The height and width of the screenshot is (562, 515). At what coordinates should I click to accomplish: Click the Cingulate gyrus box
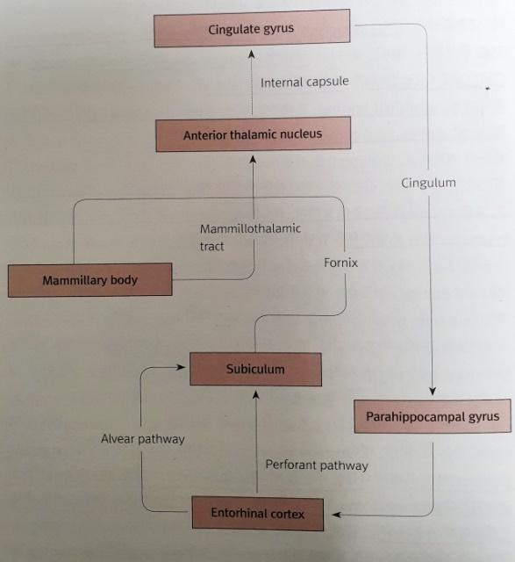(252, 28)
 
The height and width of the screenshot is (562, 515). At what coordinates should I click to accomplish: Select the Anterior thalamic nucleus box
(254, 134)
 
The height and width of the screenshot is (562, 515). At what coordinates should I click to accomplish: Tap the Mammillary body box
(89, 280)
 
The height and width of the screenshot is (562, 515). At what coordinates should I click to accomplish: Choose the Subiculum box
(255, 369)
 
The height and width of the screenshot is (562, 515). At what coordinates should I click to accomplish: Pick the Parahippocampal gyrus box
(433, 416)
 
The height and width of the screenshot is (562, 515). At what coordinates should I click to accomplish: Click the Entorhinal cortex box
(258, 513)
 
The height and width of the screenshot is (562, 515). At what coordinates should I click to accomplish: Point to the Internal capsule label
(304, 82)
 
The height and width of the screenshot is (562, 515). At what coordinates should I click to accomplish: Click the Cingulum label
(428, 183)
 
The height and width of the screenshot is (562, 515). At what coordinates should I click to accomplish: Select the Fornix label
(340, 263)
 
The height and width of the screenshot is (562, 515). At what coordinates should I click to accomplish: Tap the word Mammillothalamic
(250, 228)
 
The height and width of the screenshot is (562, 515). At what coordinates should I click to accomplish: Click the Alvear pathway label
(142, 439)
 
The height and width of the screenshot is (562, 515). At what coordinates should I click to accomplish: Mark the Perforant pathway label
(317, 465)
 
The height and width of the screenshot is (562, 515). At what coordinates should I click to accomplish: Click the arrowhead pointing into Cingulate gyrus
(252, 54)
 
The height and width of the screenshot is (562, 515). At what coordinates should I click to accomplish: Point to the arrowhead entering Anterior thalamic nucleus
(253, 159)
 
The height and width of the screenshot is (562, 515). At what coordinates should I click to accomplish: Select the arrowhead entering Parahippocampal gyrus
(433, 391)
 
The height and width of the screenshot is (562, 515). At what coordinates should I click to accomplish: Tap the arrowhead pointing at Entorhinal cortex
(336, 515)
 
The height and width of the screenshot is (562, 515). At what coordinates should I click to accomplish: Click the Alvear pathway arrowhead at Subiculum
(181, 367)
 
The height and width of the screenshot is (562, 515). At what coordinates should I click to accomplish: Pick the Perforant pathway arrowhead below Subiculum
(255, 394)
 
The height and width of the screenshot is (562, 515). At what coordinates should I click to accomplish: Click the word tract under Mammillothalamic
(211, 246)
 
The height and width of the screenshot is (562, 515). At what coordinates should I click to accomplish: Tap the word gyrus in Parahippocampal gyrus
(483, 417)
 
